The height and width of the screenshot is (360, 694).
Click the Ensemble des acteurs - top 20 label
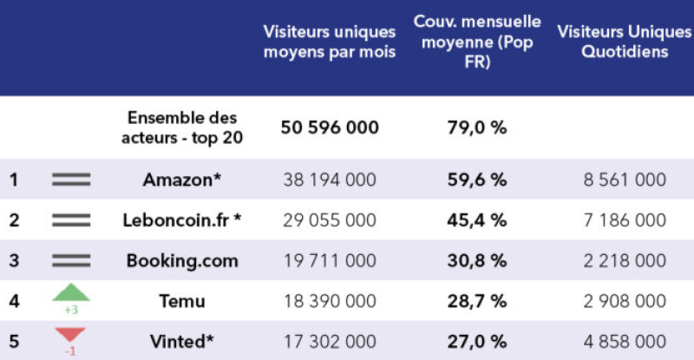click(182, 127)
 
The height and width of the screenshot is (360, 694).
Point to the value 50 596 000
click(330, 128)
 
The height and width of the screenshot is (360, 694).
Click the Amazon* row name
click(182, 180)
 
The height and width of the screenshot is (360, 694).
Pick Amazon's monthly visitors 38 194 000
click(330, 180)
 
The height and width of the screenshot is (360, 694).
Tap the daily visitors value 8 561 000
click(625, 180)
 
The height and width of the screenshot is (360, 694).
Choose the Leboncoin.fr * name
click(182, 220)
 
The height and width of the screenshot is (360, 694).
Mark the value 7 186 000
click(625, 220)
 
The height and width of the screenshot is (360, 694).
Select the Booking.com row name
click(182, 260)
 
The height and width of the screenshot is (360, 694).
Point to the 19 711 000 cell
click(330, 260)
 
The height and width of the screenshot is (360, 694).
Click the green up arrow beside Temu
click(71, 293)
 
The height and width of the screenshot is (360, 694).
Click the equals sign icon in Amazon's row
click(71, 180)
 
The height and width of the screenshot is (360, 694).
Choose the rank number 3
click(14, 260)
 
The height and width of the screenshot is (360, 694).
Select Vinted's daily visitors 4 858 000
click(625, 342)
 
